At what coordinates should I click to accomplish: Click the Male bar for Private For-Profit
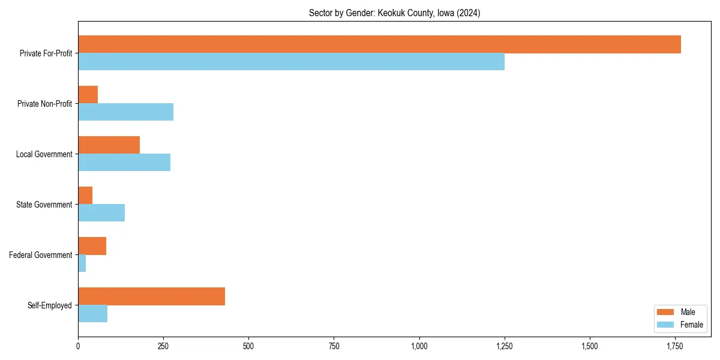tap(379, 44)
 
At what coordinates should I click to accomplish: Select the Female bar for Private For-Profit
tap(291, 62)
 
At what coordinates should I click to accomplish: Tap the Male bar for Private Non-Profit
tap(88, 95)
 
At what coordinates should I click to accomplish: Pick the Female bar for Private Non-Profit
tap(125, 112)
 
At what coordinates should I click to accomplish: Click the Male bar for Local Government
tap(109, 145)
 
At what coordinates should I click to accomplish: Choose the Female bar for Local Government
tap(124, 163)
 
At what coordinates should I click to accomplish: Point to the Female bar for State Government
tap(101, 213)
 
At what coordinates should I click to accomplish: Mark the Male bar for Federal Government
tap(92, 246)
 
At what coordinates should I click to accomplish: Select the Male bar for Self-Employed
tap(151, 296)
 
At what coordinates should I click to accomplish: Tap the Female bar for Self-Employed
tap(92, 314)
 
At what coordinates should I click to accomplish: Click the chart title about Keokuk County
tap(394, 13)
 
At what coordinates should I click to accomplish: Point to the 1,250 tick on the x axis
tap(505, 346)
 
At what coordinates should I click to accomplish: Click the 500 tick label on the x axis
tap(248, 346)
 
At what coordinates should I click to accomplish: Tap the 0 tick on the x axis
tap(78, 346)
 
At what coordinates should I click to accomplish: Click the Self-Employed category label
tap(50, 305)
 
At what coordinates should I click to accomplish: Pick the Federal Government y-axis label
tap(41, 255)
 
